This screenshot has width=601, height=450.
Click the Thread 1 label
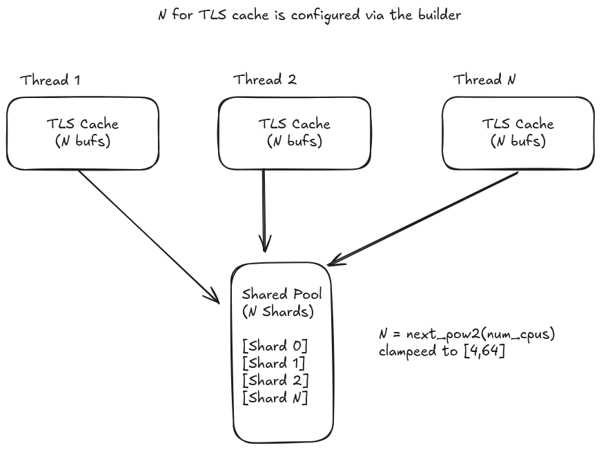click(x=50, y=80)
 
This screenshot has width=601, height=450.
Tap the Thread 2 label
click(x=265, y=79)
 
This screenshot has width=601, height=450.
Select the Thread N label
click(x=484, y=79)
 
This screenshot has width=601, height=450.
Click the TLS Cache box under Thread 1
click(x=82, y=133)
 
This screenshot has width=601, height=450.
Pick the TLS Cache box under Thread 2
click(x=295, y=133)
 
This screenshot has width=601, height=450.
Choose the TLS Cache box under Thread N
click(x=518, y=133)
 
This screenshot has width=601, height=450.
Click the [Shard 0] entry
click(x=275, y=346)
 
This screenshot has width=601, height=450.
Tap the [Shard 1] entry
click(x=275, y=363)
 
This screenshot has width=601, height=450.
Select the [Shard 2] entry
click(x=275, y=380)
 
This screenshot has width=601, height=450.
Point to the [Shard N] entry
click(x=275, y=398)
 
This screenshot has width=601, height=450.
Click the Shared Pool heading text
click(x=282, y=294)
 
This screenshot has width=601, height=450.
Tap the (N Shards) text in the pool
click(x=278, y=311)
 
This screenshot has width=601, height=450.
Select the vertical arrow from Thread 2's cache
click(x=264, y=207)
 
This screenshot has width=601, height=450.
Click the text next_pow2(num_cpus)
click(x=480, y=335)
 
